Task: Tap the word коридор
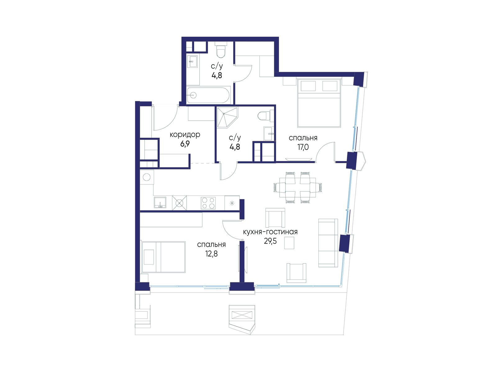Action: (x=185, y=135)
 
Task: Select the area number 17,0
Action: (x=303, y=147)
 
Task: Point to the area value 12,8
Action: (x=211, y=254)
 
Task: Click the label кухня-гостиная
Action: (x=270, y=232)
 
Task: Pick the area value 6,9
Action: (x=185, y=144)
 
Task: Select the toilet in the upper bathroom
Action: (x=221, y=50)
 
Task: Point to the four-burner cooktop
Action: (x=208, y=203)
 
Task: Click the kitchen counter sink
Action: (x=160, y=202)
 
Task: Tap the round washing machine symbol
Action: (x=147, y=177)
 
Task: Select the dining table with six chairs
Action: (x=298, y=187)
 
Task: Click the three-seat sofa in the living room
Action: (x=328, y=243)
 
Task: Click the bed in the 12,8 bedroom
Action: (x=163, y=257)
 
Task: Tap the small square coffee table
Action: (x=289, y=243)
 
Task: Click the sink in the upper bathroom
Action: (x=193, y=61)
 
